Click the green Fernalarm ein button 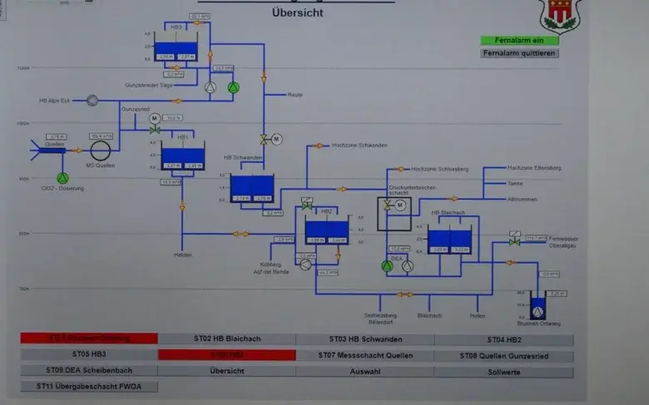519,40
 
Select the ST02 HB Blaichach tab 226,339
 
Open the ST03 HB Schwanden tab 364,339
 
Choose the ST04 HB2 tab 503,339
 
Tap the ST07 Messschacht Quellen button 364,355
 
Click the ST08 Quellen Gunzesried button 503,356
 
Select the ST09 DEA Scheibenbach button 89,371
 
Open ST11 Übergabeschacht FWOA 89,387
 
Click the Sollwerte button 503,371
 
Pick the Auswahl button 364,371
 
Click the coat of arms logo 557,14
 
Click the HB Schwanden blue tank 251,188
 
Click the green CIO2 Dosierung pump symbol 62,178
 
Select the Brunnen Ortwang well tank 538,308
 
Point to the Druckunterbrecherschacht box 394,214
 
